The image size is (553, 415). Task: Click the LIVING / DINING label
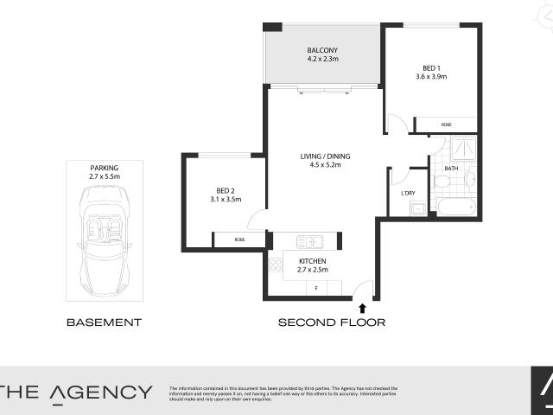coord(325,156)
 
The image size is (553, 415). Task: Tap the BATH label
coord(451,169)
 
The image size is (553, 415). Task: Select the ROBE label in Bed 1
coord(446,124)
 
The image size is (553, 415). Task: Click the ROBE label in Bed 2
coord(239,239)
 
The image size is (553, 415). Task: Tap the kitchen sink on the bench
coord(308,241)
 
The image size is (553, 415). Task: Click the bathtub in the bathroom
coord(456,207)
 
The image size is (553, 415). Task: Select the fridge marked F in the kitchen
coord(316,287)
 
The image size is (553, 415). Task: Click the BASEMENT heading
coord(104,322)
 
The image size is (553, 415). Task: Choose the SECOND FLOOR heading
coord(331,322)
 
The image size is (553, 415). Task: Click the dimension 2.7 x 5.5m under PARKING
coord(104,176)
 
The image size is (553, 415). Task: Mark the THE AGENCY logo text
coord(76,392)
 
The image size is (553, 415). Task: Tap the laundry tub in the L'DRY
coord(417,207)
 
